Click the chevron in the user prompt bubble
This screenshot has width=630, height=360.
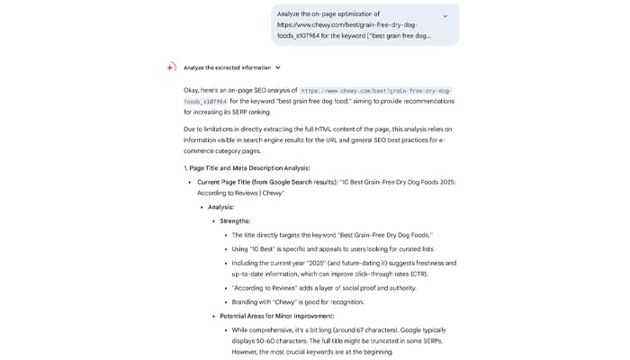(445, 16)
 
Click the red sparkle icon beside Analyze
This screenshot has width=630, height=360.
(171, 67)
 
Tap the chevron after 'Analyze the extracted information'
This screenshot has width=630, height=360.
(278, 67)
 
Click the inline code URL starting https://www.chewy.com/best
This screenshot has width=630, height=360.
(375, 91)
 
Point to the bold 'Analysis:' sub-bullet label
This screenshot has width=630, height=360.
(220, 207)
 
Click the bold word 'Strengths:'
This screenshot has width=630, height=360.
(235, 221)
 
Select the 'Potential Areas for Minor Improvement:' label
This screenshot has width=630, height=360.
(276, 316)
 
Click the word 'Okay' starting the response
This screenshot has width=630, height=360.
(192, 91)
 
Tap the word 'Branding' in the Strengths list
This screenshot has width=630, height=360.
(247, 302)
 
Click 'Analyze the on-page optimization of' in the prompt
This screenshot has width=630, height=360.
(328, 14)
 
